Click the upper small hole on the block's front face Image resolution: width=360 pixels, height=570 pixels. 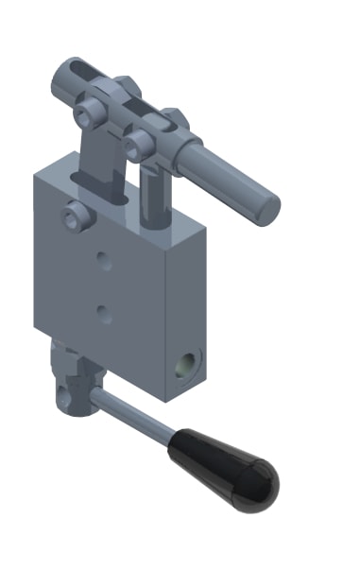coord(105,261)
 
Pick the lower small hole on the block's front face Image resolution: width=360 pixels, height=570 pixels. coord(105,314)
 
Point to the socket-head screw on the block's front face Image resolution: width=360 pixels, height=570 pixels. coord(76,217)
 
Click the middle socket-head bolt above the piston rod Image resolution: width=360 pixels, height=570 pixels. coord(139,144)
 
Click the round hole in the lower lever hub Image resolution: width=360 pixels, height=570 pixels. coord(67,389)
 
